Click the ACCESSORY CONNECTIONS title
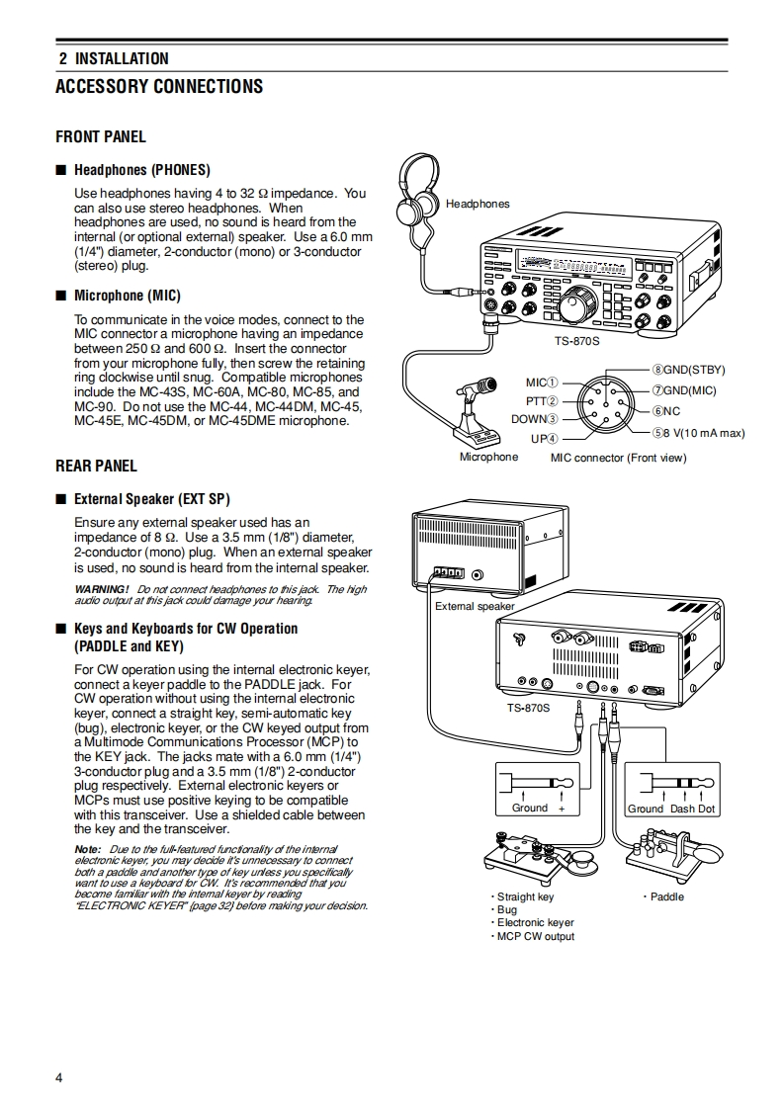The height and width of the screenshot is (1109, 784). pyautogui.click(x=159, y=87)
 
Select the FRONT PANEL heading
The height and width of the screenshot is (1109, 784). pyautogui.click(x=101, y=136)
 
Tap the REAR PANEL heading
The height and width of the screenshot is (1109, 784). pyautogui.click(x=96, y=466)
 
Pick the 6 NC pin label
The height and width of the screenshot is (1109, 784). pyautogui.click(x=665, y=411)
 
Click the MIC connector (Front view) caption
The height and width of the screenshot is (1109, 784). pyautogui.click(x=618, y=458)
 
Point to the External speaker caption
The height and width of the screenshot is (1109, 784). pyautogui.click(x=475, y=606)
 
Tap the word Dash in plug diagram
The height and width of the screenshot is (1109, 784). pyautogui.click(x=682, y=809)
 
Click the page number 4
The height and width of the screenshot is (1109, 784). pyautogui.click(x=59, y=1077)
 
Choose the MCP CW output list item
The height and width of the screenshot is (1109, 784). pyautogui.click(x=534, y=936)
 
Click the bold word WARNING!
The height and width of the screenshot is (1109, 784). pyautogui.click(x=102, y=589)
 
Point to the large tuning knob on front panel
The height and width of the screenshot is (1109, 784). pyautogui.click(x=572, y=309)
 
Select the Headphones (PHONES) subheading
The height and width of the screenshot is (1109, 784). pyautogui.click(x=141, y=170)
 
